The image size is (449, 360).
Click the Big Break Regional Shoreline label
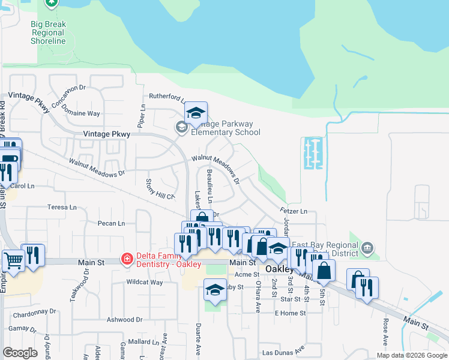48,32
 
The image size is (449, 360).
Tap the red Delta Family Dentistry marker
127,259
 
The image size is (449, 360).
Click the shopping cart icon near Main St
13,262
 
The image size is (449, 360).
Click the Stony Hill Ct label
160,189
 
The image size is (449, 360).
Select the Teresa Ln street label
62,207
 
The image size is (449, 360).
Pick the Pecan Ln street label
111,223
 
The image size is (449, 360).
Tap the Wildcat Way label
144,282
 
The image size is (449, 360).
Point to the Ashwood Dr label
124,320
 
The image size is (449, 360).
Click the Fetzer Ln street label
294,211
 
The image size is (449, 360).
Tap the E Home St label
289,313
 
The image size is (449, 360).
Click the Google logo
20,353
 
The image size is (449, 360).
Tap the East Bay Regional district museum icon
368,247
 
